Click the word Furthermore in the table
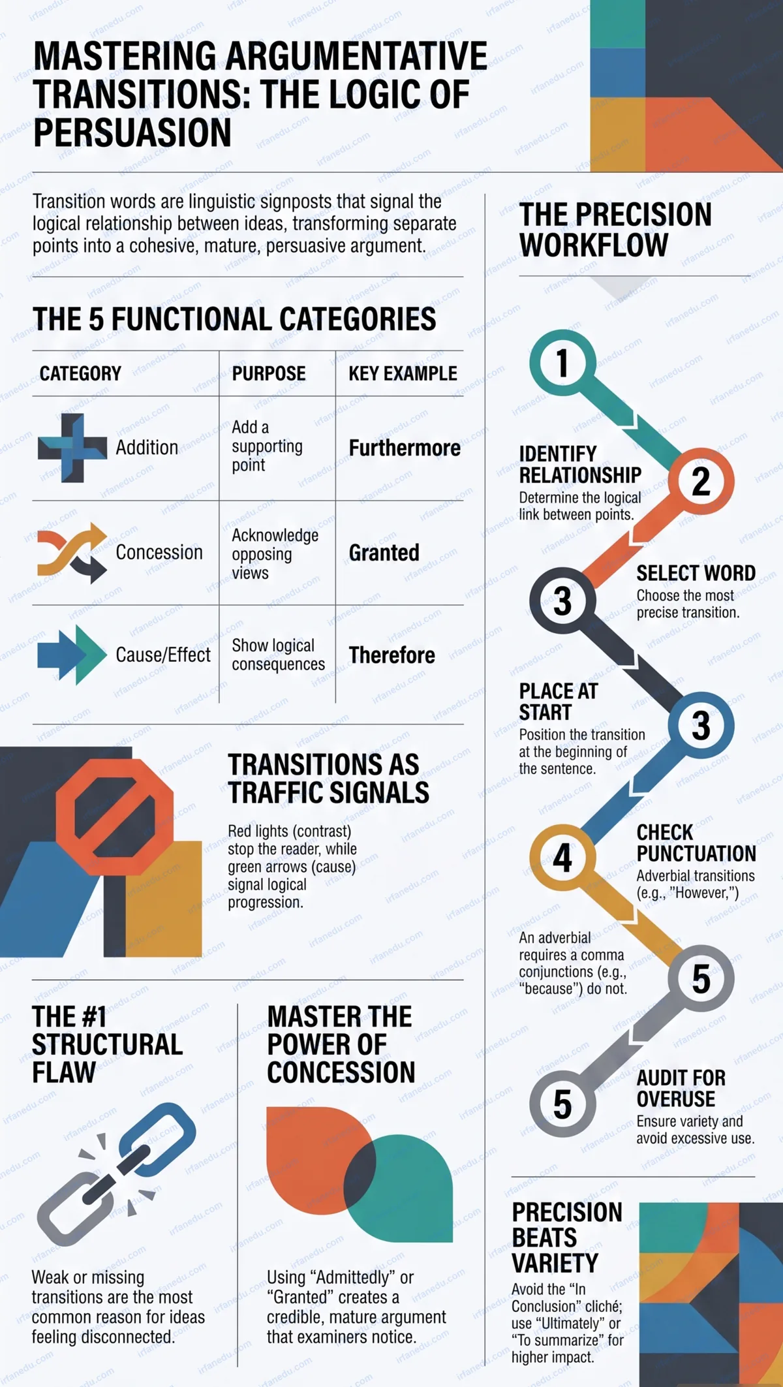coord(405,448)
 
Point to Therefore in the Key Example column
coord(391,655)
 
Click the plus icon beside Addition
coord(72,448)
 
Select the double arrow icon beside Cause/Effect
coord(72,655)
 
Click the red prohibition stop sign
coord(115,816)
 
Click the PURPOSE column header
coord(269,373)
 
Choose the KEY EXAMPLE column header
coord(403,373)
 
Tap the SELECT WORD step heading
coord(696,573)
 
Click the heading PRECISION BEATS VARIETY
coord(567,1237)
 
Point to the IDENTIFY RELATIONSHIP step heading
coord(580,464)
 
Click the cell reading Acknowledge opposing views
coord(275,553)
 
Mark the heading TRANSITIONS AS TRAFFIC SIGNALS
coord(328,778)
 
